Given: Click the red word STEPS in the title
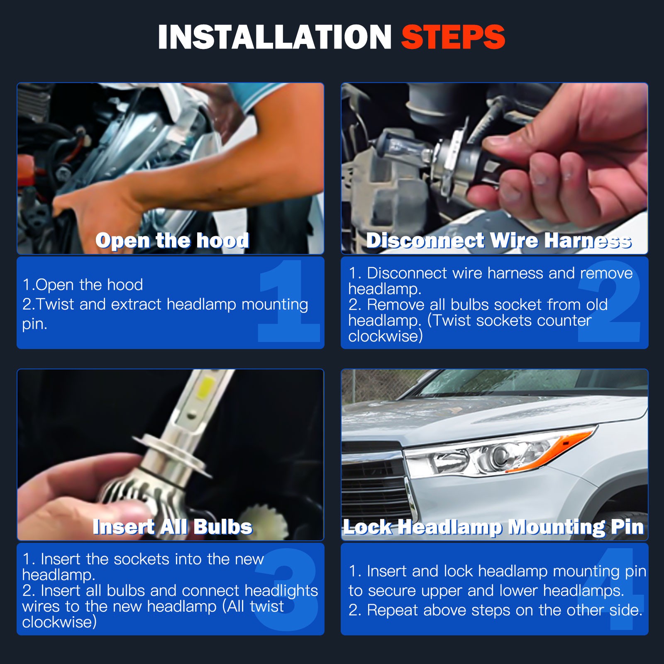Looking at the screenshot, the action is [453, 37].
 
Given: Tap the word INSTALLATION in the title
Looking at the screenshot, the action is [275, 37].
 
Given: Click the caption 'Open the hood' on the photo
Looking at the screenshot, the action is [172, 241].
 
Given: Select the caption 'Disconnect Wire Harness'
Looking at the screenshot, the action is [499, 241].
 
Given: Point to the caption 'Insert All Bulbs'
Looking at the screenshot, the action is [173, 527].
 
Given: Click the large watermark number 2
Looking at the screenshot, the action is [609, 301].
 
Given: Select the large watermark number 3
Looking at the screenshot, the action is [286, 590].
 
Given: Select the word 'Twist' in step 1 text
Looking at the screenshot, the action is [56, 304].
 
